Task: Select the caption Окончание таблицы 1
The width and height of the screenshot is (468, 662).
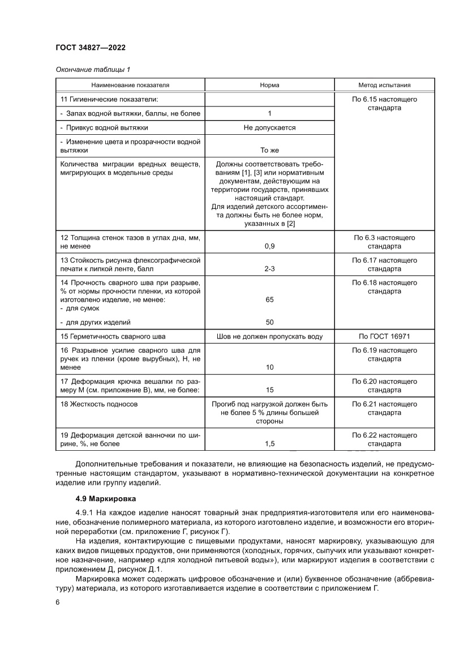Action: pos(93,70)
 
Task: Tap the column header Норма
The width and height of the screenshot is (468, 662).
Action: pos(269,86)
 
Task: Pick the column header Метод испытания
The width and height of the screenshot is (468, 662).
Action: pos(385,86)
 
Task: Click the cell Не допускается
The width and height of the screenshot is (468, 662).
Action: pos(269,128)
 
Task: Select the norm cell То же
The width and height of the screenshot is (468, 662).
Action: pos(269,151)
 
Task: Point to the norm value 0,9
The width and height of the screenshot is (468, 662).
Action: pos(269,247)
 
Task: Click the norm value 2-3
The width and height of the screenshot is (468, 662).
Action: pos(269,270)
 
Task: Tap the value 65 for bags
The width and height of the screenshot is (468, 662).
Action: pos(269,300)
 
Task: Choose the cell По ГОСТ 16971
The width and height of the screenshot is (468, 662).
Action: pos(385,336)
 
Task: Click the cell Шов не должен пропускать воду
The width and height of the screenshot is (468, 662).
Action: pos(269,336)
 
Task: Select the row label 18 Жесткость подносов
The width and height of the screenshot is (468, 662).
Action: pos(99,404)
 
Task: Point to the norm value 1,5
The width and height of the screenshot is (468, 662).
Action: pos(269,445)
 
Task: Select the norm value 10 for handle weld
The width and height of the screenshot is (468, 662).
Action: pos(269,368)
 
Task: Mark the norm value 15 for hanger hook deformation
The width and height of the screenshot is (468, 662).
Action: pos(269,390)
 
